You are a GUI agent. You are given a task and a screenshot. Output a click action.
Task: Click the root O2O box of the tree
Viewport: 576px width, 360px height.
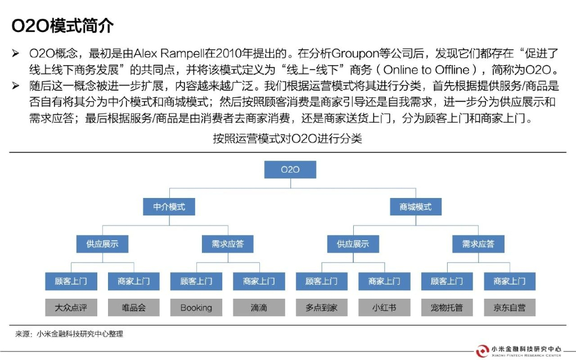tap(290, 169)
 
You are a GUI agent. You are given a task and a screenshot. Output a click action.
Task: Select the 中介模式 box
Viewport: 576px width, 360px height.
tap(169, 207)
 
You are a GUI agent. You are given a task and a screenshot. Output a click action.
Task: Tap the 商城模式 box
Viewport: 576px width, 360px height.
tap(416, 207)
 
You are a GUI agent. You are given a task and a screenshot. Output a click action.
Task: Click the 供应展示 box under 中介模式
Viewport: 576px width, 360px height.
tap(102, 244)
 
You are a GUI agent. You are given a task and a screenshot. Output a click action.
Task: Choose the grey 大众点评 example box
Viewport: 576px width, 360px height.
tap(71, 308)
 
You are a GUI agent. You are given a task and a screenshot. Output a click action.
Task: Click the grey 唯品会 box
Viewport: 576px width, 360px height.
tap(134, 308)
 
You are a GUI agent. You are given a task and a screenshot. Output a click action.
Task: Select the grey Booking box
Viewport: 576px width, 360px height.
tap(196, 308)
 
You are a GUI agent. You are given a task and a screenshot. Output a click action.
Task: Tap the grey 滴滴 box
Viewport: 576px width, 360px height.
tap(259, 308)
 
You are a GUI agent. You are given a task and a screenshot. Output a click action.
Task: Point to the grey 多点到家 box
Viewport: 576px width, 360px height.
tap(322, 308)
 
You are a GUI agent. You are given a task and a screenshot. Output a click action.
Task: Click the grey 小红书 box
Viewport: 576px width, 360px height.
tap(384, 308)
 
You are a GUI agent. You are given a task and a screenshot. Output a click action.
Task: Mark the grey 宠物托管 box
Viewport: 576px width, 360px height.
tap(447, 308)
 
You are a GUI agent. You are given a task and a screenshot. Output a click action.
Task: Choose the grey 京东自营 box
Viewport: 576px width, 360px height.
tap(510, 308)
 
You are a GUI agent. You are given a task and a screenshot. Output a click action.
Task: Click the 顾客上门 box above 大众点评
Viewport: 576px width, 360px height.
tap(71, 281)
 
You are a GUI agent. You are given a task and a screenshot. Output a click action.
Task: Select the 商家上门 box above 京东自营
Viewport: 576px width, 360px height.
tap(510, 281)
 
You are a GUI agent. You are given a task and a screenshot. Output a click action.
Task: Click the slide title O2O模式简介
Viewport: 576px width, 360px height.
tap(62, 26)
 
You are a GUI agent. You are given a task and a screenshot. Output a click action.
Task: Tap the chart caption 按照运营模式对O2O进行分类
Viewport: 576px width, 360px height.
tap(287, 139)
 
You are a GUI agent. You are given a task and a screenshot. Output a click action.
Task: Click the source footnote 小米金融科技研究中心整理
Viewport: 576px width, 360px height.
tap(79, 334)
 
